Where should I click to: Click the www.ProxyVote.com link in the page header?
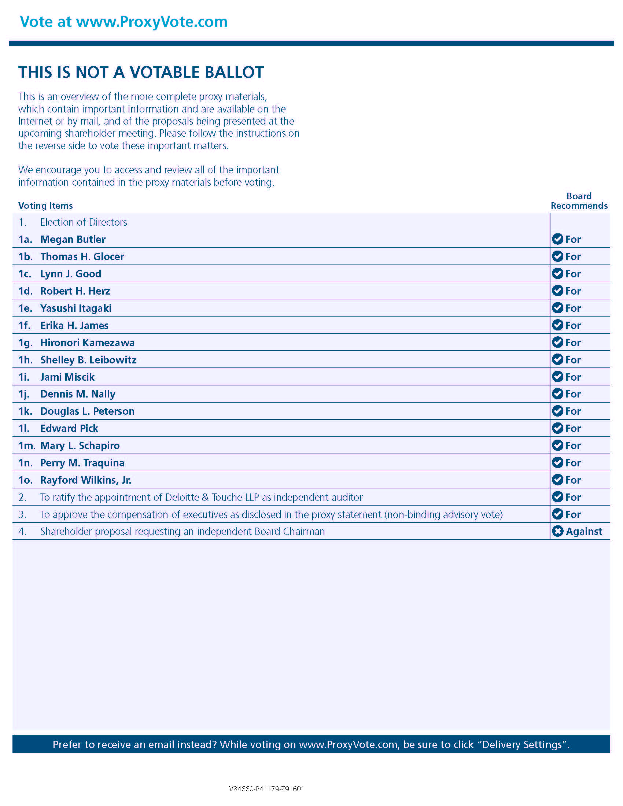click(152, 22)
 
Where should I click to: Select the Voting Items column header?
click(45, 206)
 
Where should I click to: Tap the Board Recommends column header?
click(579, 201)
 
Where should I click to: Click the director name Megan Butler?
click(73, 240)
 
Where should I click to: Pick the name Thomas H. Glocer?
click(82, 256)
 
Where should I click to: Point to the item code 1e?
click(25, 308)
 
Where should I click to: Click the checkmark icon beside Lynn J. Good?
click(557, 273)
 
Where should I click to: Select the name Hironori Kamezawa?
click(87, 343)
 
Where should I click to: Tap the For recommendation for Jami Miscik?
click(573, 377)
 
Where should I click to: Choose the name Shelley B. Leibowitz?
click(88, 360)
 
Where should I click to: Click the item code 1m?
click(27, 446)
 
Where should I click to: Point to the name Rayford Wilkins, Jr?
click(86, 480)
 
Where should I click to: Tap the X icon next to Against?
click(557, 532)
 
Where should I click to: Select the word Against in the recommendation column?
click(583, 532)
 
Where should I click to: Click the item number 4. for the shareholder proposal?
click(22, 532)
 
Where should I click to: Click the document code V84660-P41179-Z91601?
click(266, 789)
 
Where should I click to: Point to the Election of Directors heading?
click(84, 222)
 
